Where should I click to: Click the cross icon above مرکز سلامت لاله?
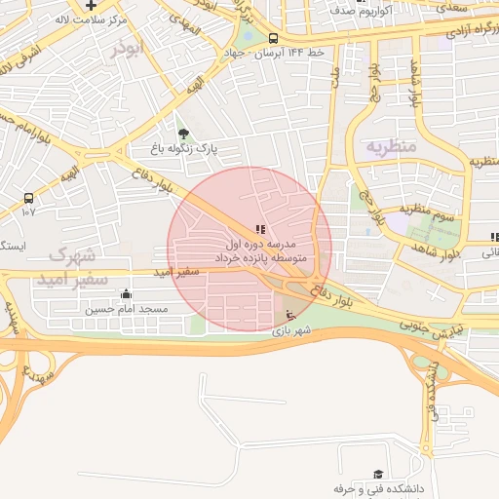(91, 5)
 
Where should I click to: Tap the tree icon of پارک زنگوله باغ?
(183, 134)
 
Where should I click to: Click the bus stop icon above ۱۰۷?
(28, 197)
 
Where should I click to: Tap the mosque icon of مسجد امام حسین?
(126, 293)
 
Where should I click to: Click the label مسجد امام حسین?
(126, 309)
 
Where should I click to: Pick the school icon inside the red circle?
(259, 229)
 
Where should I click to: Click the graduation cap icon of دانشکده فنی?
(377, 474)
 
